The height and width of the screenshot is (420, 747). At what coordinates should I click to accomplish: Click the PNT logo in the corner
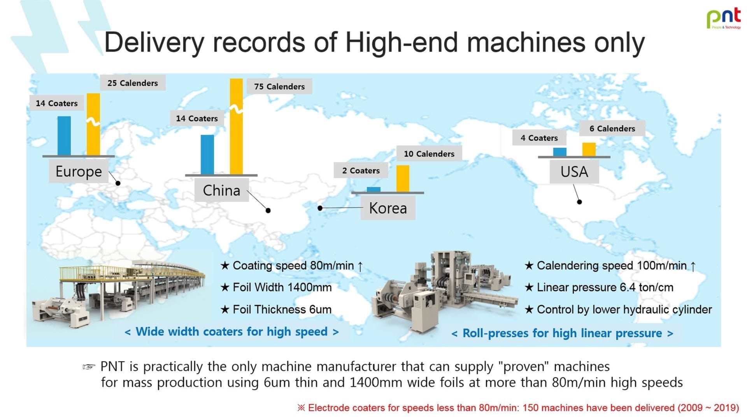724,18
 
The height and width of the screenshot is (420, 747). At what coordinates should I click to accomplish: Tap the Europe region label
79,171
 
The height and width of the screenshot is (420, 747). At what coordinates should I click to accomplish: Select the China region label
221,190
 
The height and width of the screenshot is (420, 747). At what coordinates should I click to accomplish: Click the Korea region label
388,208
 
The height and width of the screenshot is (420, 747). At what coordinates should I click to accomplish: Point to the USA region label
574,171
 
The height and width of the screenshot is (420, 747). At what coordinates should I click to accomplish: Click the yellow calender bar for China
236,127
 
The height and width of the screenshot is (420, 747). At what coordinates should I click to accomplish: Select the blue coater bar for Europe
64,136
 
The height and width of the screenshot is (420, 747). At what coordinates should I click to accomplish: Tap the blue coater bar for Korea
373,189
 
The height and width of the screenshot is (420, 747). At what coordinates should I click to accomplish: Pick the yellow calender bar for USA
589,150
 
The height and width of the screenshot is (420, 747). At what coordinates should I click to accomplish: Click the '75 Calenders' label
279,86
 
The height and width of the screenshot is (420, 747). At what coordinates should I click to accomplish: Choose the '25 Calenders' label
133,83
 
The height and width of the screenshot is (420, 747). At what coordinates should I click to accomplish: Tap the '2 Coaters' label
361,170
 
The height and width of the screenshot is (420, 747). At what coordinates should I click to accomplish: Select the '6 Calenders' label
612,128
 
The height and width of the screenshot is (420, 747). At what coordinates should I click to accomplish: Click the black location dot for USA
579,202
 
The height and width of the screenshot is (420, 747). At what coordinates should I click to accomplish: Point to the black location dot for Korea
320,208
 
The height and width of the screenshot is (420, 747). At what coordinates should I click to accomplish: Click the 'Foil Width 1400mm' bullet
276,287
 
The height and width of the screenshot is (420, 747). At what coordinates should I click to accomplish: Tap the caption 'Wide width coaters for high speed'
231,332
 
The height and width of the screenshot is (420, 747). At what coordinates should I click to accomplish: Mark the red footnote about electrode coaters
518,408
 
